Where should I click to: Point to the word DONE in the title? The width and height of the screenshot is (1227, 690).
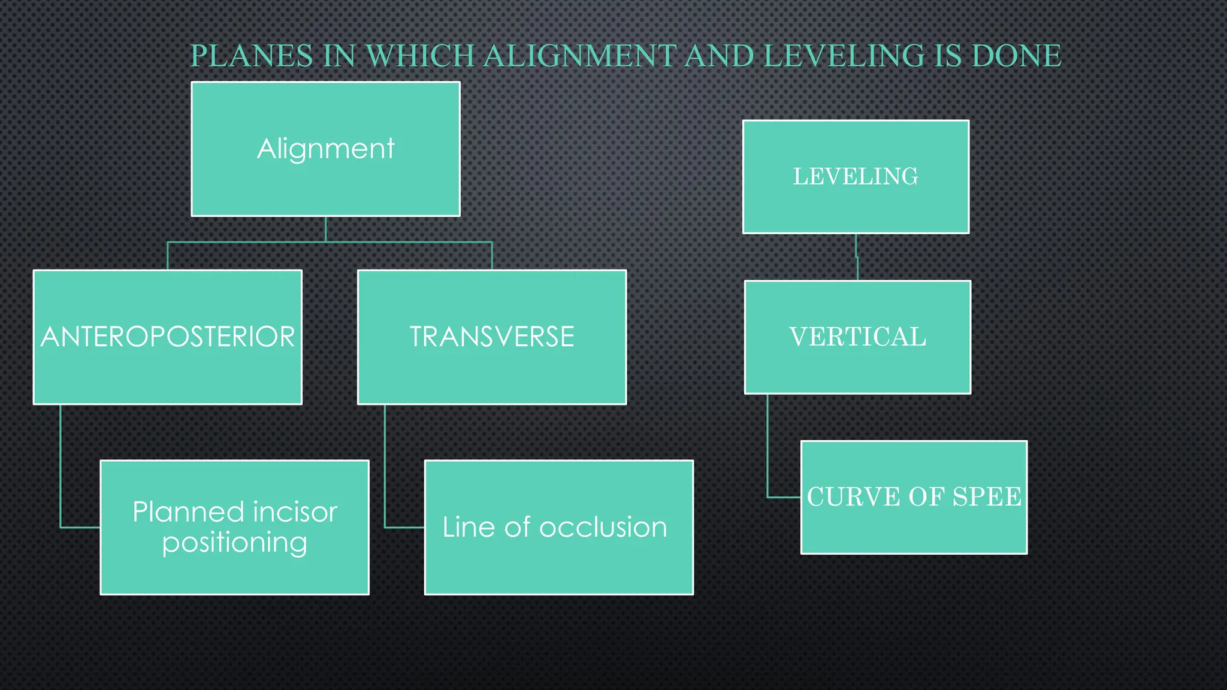click(x=1016, y=56)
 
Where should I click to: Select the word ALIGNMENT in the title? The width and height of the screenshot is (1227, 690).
click(x=580, y=56)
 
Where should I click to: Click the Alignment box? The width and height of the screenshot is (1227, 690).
click(x=325, y=149)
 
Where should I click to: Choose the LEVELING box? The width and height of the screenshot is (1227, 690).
click(x=856, y=177)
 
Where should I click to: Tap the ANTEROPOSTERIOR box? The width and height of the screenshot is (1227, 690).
click(x=168, y=337)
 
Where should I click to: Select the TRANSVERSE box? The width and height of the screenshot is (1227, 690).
click(x=492, y=337)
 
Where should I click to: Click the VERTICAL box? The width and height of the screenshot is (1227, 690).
click(x=857, y=337)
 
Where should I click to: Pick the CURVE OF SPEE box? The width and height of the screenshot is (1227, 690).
click(x=914, y=497)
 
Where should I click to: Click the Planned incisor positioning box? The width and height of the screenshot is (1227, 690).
click(x=234, y=527)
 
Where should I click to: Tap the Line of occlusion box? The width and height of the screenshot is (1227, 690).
click(x=558, y=527)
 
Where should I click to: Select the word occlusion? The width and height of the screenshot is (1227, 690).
click(x=603, y=528)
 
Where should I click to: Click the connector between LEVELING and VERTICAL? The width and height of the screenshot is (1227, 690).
click(x=857, y=257)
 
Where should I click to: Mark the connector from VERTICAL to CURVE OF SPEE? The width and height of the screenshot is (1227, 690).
click(x=767, y=455)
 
